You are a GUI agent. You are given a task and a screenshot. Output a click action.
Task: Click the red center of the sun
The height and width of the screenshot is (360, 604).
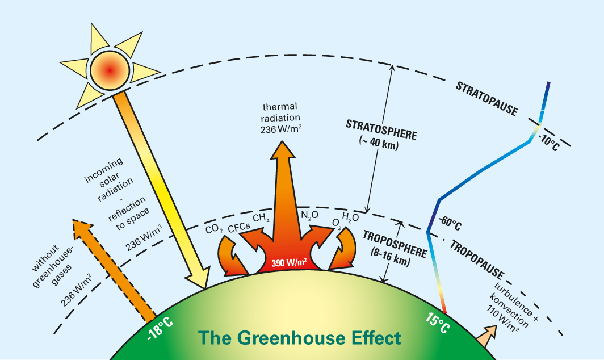click(111, 69)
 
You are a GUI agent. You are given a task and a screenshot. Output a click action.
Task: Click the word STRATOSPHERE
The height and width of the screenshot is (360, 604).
click(381, 129)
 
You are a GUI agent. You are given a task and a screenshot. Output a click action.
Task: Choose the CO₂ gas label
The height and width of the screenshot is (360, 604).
click(215, 229)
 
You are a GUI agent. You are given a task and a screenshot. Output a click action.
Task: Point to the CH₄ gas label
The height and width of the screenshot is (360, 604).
click(261, 218)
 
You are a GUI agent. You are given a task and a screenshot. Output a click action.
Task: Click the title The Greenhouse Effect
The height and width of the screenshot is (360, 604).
click(299, 338)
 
